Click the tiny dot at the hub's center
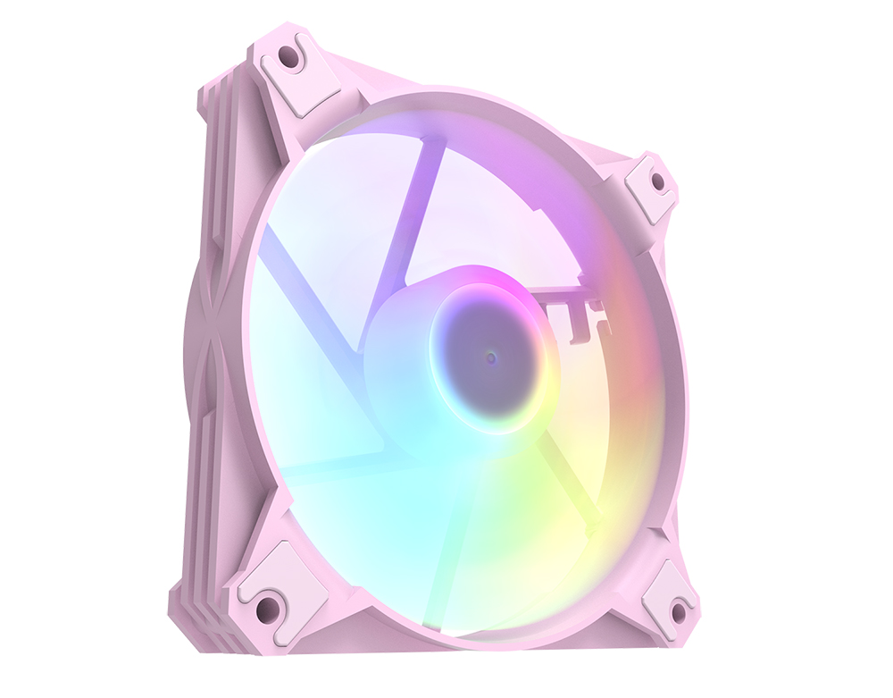pyautogui.click(x=491, y=357)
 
